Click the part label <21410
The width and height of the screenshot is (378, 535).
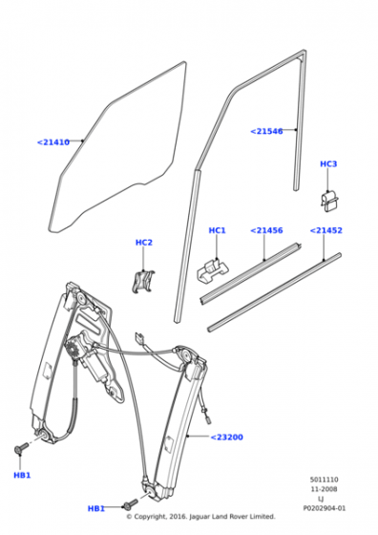[x=53, y=142]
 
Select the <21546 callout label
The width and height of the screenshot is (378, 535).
[x=266, y=132]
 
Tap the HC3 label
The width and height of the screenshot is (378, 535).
[x=328, y=164]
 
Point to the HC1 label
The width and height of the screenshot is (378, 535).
[x=217, y=230]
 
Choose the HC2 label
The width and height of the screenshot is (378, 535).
[x=144, y=243]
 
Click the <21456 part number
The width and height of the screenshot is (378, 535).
[x=266, y=230]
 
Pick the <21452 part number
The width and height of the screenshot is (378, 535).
[x=325, y=230]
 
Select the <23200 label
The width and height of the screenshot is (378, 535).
[x=226, y=438]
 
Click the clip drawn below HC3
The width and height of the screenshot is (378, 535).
[x=329, y=202]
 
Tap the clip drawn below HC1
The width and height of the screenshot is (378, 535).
[x=213, y=269]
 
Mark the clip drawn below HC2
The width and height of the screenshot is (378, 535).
[x=143, y=281]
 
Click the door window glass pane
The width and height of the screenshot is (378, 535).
[x=118, y=147]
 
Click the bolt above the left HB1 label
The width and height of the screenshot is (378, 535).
[x=21, y=448]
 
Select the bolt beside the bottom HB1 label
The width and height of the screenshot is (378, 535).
[x=131, y=504]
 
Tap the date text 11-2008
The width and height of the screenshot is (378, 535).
[x=324, y=489]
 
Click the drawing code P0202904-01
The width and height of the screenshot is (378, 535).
[x=325, y=508]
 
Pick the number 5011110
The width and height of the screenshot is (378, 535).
[x=324, y=480]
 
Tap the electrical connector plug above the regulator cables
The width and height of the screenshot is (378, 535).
[x=138, y=338]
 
